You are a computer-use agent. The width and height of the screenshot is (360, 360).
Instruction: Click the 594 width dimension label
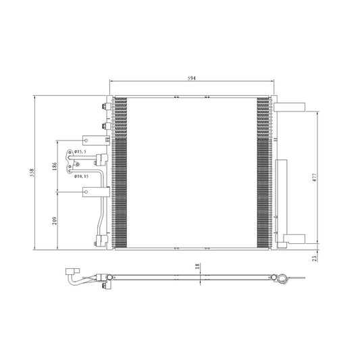[x=192, y=79]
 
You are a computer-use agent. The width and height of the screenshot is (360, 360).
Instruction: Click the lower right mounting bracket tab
[x=295, y=237]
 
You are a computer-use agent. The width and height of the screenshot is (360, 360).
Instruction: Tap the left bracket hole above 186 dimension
[x=86, y=140]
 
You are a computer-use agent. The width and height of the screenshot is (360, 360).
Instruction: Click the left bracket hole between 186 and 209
[x=86, y=193]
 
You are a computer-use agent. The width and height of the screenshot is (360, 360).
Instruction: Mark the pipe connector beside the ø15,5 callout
[x=101, y=160]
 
